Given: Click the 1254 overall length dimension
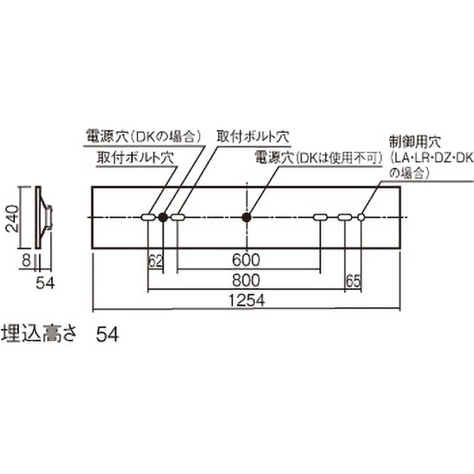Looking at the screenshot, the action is click(246, 300).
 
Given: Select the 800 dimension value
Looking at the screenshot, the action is click(246, 280).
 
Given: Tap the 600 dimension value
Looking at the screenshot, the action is click(246, 260).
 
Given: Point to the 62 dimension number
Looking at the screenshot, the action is click(156, 261).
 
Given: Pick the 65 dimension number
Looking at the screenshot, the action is click(353, 281).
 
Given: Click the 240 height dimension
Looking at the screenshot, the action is click(12, 218).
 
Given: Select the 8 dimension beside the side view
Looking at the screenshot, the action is click(27, 261).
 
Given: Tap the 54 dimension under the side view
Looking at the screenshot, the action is click(46, 284).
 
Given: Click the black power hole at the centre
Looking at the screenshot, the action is click(247, 217).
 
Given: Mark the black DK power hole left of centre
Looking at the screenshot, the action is click(163, 217).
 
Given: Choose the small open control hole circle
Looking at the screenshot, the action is click(361, 217).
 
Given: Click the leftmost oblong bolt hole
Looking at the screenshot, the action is click(149, 217).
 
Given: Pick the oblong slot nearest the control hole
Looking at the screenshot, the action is click(345, 217).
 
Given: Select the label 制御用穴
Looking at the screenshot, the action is click(415, 142).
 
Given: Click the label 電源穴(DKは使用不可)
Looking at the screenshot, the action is click(318, 158).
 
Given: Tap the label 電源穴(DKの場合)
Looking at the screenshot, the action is click(143, 136).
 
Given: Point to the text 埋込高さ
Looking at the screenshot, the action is click(39, 334).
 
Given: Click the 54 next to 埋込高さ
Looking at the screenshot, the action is click(107, 334).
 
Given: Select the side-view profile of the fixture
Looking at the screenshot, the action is click(44, 217).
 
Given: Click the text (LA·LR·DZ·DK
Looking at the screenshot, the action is click(432, 158).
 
